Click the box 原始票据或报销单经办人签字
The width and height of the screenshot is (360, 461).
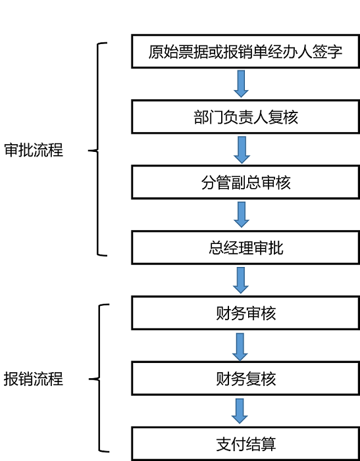coord(245,51)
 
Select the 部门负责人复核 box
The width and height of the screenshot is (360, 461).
coord(245,117)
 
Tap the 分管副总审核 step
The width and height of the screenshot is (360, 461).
coord(245,183)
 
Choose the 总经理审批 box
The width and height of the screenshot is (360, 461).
coord(245,248)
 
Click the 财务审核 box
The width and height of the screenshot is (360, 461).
coord(245,313)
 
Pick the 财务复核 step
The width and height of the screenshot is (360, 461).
coord(245,379)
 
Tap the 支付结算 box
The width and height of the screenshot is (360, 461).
coord(245,444)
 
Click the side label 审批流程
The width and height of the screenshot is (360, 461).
coord(34,150)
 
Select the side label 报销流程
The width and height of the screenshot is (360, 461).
coord(34,379)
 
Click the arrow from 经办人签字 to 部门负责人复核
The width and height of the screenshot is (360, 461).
coord(241,84)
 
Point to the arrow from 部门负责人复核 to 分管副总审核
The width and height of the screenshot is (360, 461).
coord(242,150)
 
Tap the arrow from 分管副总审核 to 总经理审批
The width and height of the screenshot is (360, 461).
coord(242,214)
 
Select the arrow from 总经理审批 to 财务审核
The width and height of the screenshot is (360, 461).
coord(241,280)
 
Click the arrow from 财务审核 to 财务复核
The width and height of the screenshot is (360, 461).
coord(240,347)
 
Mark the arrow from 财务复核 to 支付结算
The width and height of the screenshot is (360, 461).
coord(240,411)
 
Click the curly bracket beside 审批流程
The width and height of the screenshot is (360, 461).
coord(98,149)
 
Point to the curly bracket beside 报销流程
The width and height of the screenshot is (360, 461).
coord(99,378)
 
